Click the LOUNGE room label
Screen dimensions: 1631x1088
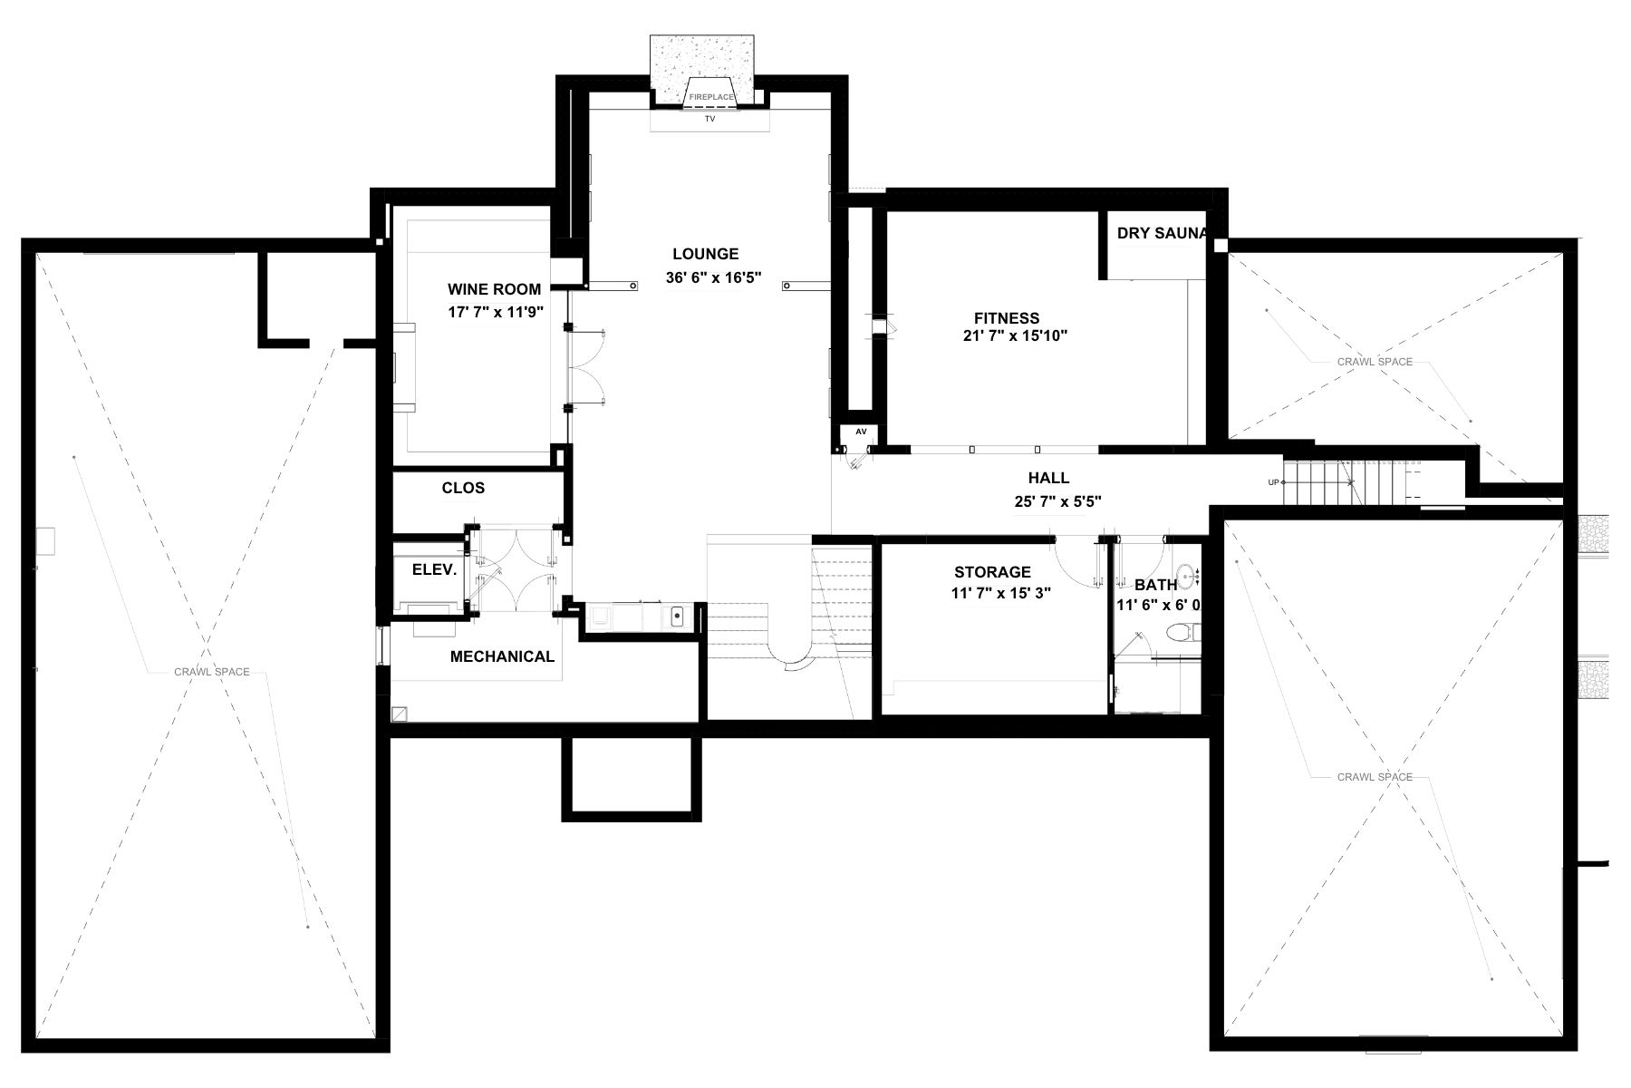(x=705, y=254)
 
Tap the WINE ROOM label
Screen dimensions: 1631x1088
(x=494, y=289)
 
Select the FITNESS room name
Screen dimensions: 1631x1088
(x=1007, y=318)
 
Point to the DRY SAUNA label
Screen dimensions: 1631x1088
(x=1163, y=233)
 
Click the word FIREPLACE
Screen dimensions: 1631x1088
(x=709, y=95)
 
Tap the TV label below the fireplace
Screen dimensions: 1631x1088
(x=709, y=119)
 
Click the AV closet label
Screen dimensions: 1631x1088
(x=860, y=431)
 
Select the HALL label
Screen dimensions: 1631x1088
(x=1048, y=478)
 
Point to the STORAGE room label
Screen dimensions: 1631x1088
(x=992, y=572)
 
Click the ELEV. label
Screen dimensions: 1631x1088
(x=434, y=569)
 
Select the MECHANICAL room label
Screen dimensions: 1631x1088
(x=502, y=656)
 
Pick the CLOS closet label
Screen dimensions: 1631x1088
(x=463, y=488)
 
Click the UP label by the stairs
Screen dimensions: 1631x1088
(x=1273, y=482)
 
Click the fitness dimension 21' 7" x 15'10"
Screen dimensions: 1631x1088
(x=1016, y=335)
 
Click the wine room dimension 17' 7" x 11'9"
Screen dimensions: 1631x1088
(x=495, y=312)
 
